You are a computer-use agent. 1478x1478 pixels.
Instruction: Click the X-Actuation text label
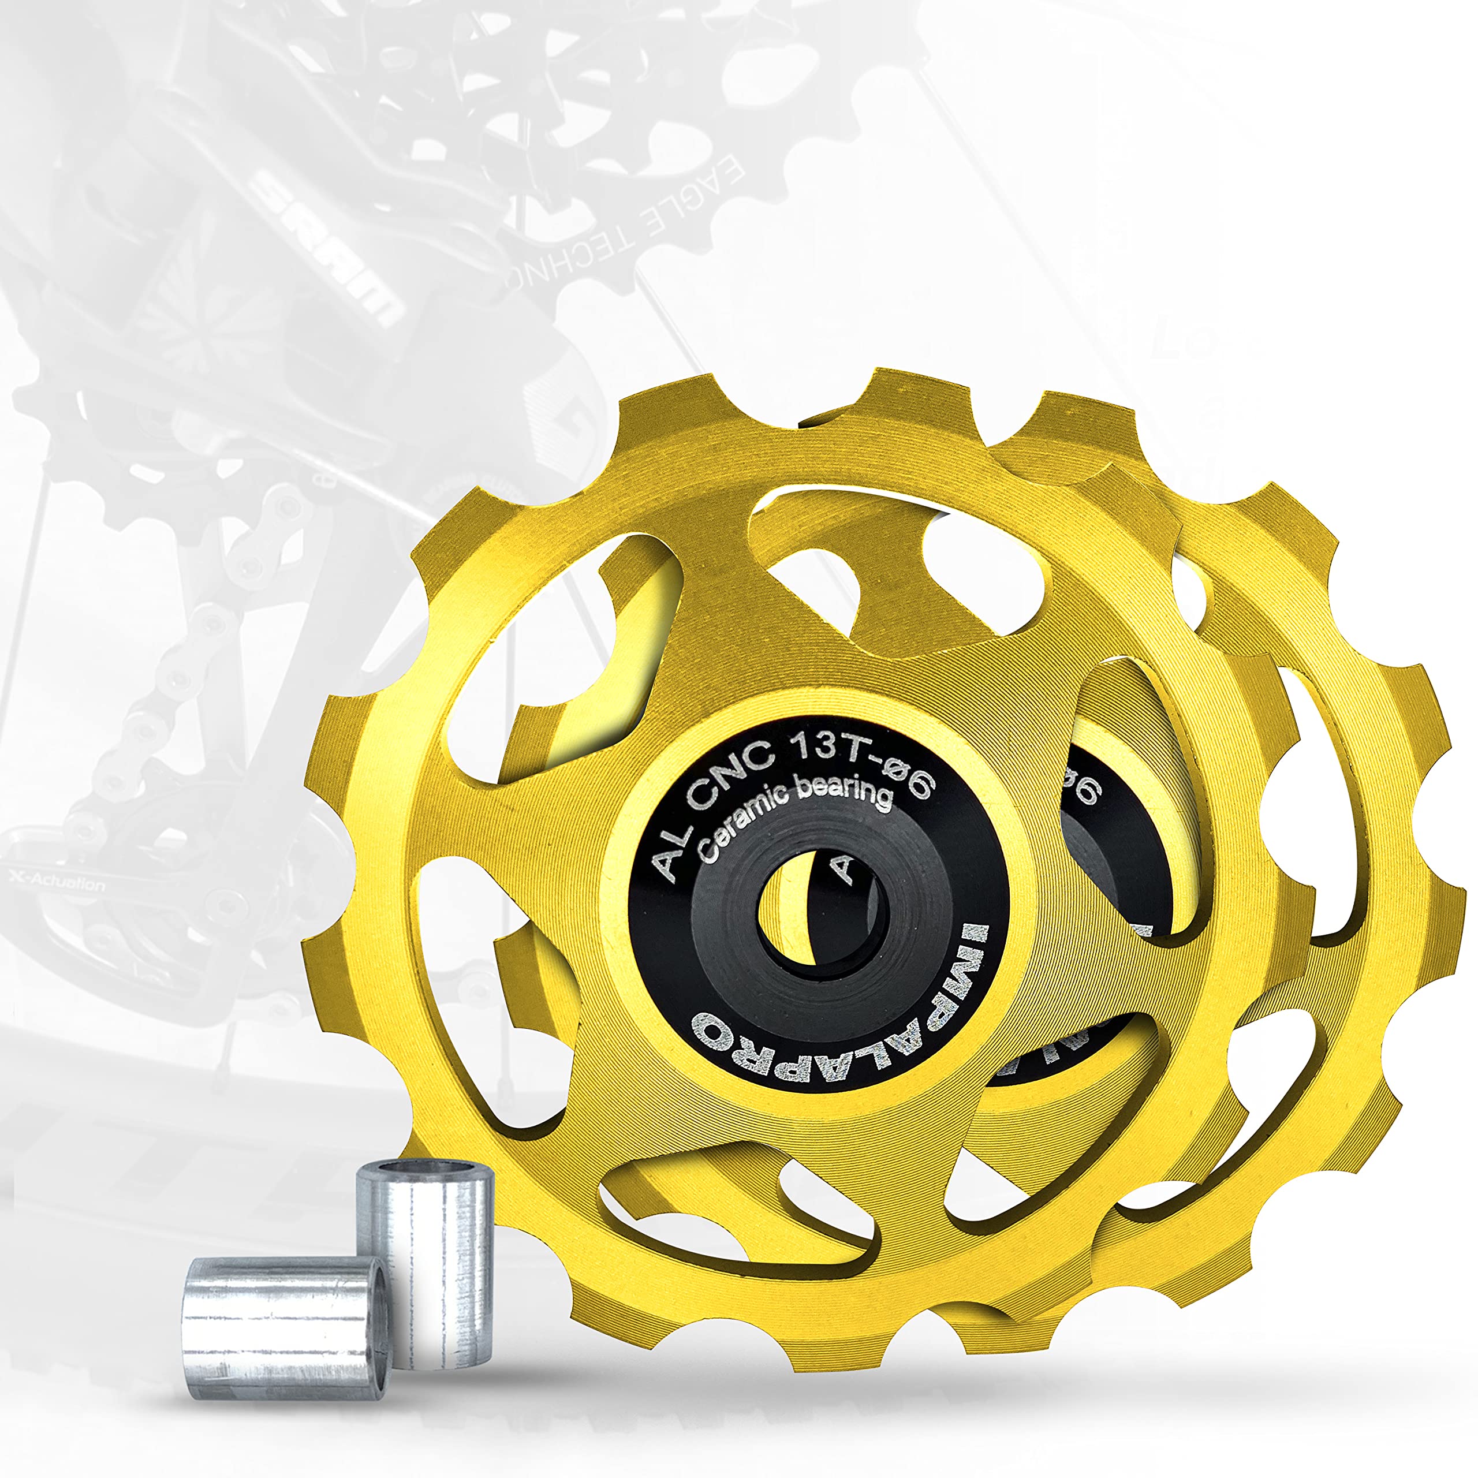pyautogui.click(x=57, y=883)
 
